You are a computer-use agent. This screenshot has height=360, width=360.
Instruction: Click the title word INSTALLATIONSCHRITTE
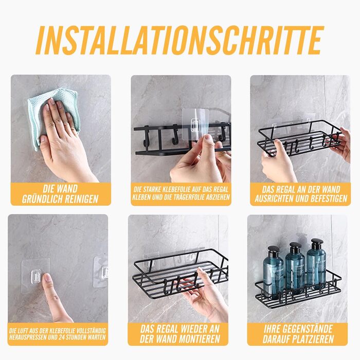point(180,41)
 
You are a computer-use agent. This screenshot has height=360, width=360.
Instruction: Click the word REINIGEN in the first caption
point(79,200)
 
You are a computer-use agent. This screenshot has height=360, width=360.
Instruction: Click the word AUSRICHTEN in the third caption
point(274,199)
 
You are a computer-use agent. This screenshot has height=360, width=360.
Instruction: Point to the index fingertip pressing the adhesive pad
point(47,277)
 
